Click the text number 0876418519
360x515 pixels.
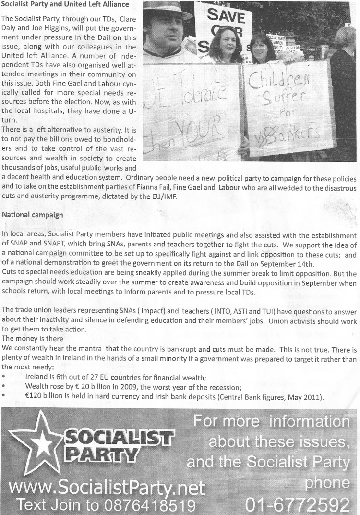pos(147,505)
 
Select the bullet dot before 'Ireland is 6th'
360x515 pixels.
pos(4,379)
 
